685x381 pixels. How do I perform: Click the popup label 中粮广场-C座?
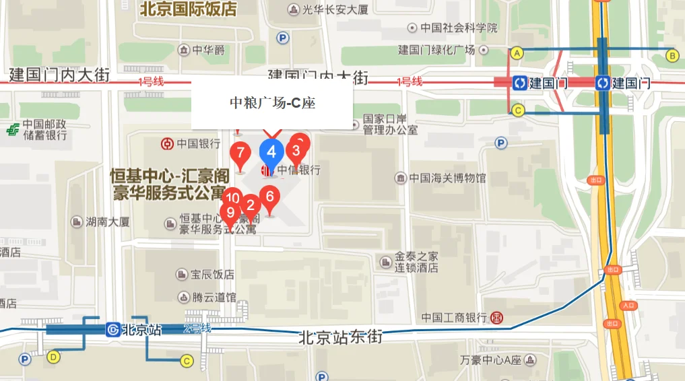(x=272, y=103)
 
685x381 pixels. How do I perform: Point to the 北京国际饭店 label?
(x=189, y=9)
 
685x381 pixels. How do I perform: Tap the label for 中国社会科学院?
(x=458, y=28)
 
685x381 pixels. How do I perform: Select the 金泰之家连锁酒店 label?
(x=416, y=262)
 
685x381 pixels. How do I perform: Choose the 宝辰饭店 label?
(x=212, y=275)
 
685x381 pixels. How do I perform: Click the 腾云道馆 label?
(x=214, y=297)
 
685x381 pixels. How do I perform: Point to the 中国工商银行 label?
(x=454, y=317)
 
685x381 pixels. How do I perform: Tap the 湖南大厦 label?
(x=107, y=221)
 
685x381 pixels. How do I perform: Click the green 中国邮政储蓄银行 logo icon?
(x=11, y=130)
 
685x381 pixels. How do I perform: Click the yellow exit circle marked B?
(x=672, y=55)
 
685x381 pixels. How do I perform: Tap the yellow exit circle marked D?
(x=53, y=356)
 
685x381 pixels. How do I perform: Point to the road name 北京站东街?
(x=341, y=337)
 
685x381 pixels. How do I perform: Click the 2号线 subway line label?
(x=197, y=328)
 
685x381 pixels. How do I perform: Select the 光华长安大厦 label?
(x=335, y=9)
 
